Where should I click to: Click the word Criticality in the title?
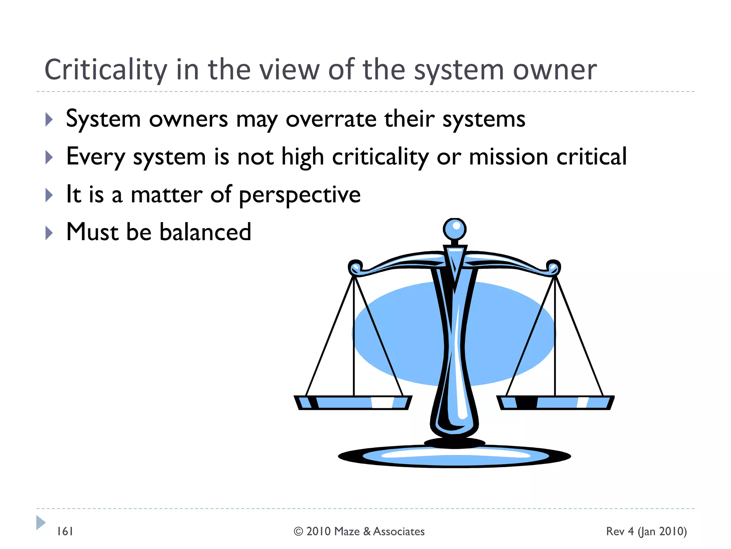tap(106, 70)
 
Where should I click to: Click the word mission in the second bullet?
tap(508, 157)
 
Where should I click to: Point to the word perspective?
tap(300, 195)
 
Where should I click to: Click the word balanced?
tap(205, 232)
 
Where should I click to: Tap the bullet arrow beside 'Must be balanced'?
tap(49, 233)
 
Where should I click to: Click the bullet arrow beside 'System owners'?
tap(49, 120)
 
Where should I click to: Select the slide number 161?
tap(65, 531)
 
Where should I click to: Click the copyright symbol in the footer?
tap(298, 531)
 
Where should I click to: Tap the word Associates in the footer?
tap(399, 531)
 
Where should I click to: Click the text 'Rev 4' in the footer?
tap(620, 531)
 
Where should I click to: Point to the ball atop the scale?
tap(454, 229)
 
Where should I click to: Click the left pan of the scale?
tap(353, 402)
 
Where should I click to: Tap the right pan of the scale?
tap(555, 402)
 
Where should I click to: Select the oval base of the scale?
tap(454, 456)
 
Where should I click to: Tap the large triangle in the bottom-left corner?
tap(40, 523)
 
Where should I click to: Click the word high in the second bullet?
tap(302, 157)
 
